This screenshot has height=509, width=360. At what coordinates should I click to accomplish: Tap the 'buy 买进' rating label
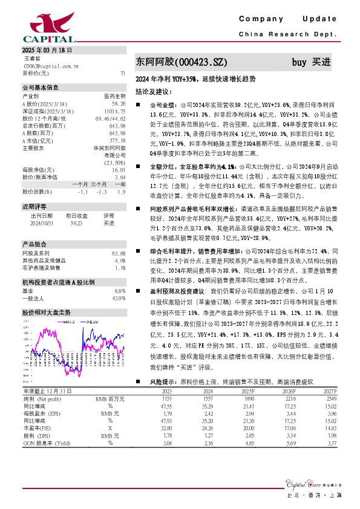click(311, 62)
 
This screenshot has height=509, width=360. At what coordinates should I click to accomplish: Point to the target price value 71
click(123, 73)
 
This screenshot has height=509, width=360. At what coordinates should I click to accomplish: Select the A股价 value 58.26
click(119, 104)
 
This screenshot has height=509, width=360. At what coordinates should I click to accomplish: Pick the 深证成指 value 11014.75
click(114, 111)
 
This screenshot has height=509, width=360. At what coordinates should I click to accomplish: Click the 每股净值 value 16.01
click(119, 170)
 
